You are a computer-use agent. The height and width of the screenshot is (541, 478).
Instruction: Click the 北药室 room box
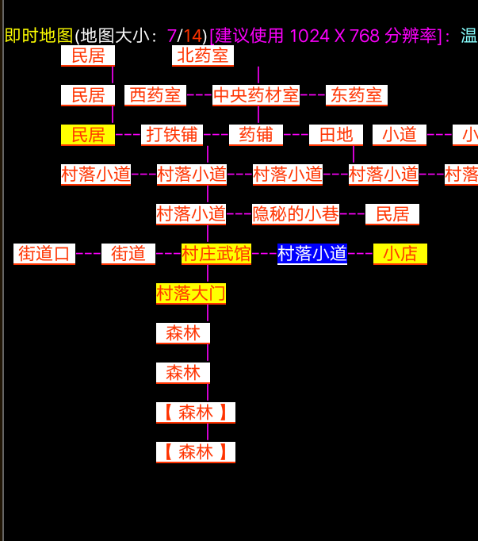pos(203,56)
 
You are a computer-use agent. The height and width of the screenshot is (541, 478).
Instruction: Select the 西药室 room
pos(155,95)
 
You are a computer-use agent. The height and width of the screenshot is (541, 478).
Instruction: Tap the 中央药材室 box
pos(256,95)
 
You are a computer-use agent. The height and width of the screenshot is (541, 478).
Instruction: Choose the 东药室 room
pos(357,95)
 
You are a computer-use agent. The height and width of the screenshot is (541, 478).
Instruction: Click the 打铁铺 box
pos(172,135)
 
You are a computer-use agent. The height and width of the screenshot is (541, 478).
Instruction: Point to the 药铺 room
pos(256,135)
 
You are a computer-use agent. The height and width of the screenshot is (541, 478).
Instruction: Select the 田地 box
pos(336,135)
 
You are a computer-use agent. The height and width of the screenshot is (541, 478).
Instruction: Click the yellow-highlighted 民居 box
pos(88,135)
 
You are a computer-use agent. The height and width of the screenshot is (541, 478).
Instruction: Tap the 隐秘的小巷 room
pos(296,214)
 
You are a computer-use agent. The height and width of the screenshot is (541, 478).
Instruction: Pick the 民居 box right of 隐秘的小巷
pos(392,214)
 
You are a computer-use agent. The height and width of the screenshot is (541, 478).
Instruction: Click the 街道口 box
pos(44,254)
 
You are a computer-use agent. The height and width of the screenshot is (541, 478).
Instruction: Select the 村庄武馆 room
pos(216,254)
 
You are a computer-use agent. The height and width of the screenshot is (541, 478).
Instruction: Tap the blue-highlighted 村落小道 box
pos(312,254)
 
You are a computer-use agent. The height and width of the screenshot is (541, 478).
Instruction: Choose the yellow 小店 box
pos(400,254)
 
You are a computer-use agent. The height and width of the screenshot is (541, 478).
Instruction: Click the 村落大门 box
pos(191,294)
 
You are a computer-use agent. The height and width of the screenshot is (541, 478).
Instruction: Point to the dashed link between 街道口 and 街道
pos(88,254)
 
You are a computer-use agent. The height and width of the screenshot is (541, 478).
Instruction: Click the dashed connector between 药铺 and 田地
pos(296,135)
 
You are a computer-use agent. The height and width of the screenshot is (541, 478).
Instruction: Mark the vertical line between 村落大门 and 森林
pos(208,313)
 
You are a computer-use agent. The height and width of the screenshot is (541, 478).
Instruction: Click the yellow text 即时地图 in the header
pos(39,36)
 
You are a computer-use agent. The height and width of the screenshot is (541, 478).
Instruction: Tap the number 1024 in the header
pos(312,36)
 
